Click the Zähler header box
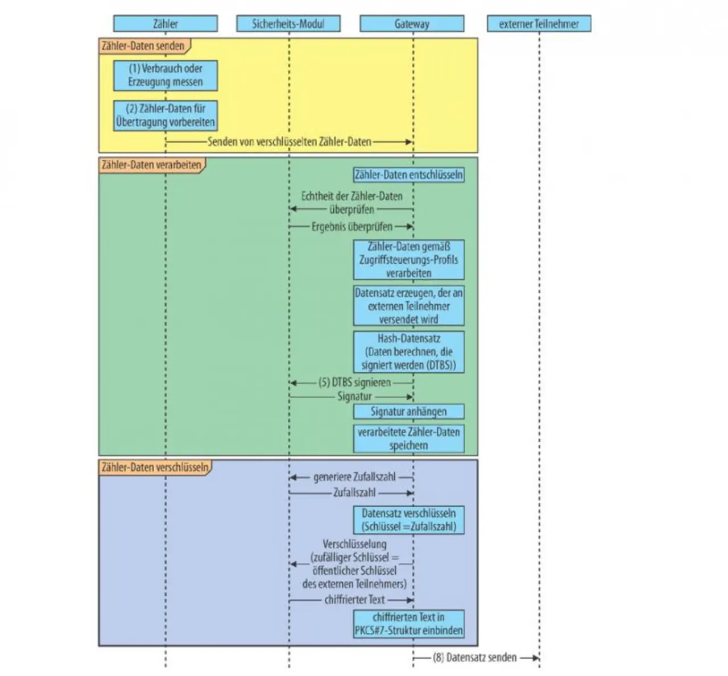166,23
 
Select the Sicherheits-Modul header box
288,23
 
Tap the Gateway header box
412,23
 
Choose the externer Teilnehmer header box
539,23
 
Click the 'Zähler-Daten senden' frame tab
144,46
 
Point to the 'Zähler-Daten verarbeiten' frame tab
152,165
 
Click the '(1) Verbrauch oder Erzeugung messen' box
166,75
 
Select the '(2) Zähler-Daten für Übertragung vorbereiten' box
166,115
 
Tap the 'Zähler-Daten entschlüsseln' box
409,175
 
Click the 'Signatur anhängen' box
409,411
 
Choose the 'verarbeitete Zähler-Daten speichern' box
409,438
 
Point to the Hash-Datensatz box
409,352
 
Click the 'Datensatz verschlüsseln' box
409,520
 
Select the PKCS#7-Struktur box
409,624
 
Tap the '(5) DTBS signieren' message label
354,383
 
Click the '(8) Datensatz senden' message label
475,657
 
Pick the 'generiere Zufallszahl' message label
354,477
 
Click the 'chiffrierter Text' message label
354,600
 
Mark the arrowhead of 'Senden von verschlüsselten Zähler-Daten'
409,142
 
